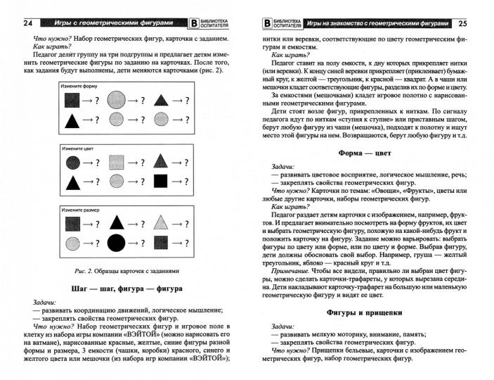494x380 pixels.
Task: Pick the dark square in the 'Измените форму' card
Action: point(72,101)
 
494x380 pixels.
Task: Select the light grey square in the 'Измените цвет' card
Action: point(117,163)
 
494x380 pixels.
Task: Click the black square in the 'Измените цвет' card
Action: point(162,182)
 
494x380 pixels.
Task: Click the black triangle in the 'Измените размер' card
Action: point(117,224)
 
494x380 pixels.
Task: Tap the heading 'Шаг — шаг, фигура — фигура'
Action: point(127,289)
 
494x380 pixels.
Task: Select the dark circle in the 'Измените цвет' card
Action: point(72,163)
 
